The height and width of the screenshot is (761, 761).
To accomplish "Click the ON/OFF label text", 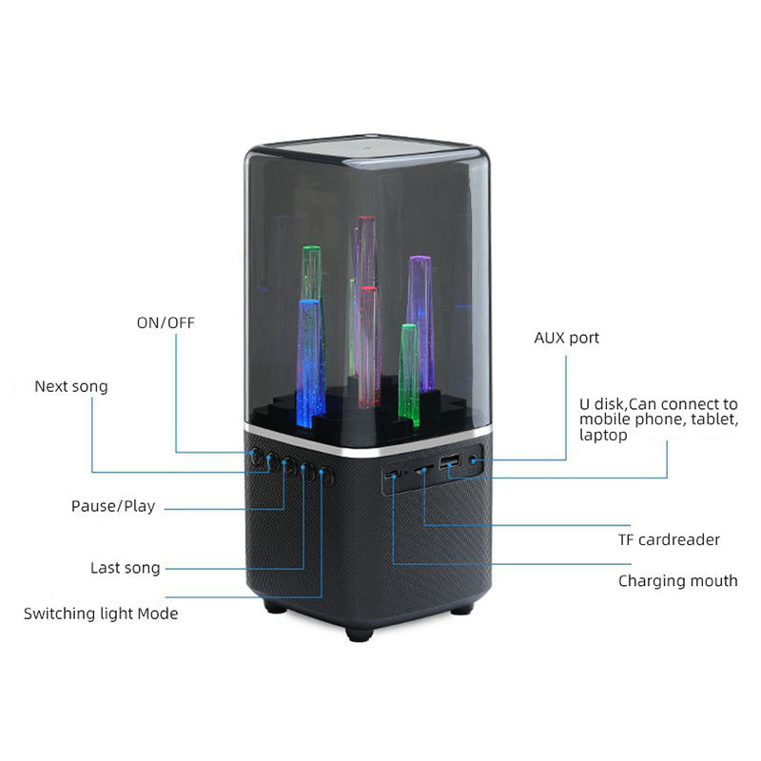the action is coord(166,322).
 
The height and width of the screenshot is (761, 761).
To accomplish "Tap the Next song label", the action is coord(71,386).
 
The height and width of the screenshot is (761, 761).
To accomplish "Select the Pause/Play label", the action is coord(113,505).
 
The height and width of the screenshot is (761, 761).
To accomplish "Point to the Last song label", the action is coord(126,568).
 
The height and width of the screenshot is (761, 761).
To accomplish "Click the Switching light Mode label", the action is coord(101,614).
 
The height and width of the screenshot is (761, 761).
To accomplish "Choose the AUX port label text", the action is coord(566,338).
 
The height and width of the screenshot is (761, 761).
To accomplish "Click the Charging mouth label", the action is coord(677,580).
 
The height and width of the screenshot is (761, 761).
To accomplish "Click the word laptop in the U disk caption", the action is coord(604,435).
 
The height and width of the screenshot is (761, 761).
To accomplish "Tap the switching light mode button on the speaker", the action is coord(327,475).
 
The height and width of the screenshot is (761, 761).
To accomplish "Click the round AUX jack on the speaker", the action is coord(474,463).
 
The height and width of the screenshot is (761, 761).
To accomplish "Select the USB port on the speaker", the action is coord(449,465).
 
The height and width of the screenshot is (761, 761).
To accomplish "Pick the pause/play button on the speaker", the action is coord(288,465).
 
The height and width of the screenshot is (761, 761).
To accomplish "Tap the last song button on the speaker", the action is coord(307,470).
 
